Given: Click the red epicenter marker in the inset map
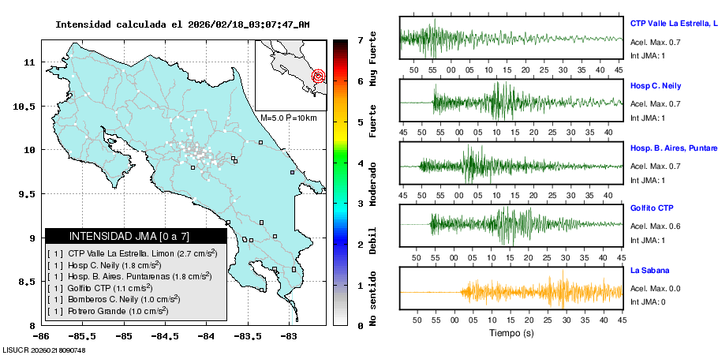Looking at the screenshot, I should tap(319, 77).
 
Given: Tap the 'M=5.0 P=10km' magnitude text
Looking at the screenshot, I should tap(288, 118).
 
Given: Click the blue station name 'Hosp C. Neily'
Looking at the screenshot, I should tap(655, 85).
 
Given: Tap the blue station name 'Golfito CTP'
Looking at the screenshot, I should tap(652, 208).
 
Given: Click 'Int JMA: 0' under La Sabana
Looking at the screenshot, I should tap(648, 301).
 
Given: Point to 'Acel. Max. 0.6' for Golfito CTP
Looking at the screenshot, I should tap(655, 226).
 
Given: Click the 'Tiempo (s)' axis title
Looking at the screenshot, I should tap(510, 333).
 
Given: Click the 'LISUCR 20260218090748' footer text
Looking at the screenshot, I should tap(44, 350).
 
